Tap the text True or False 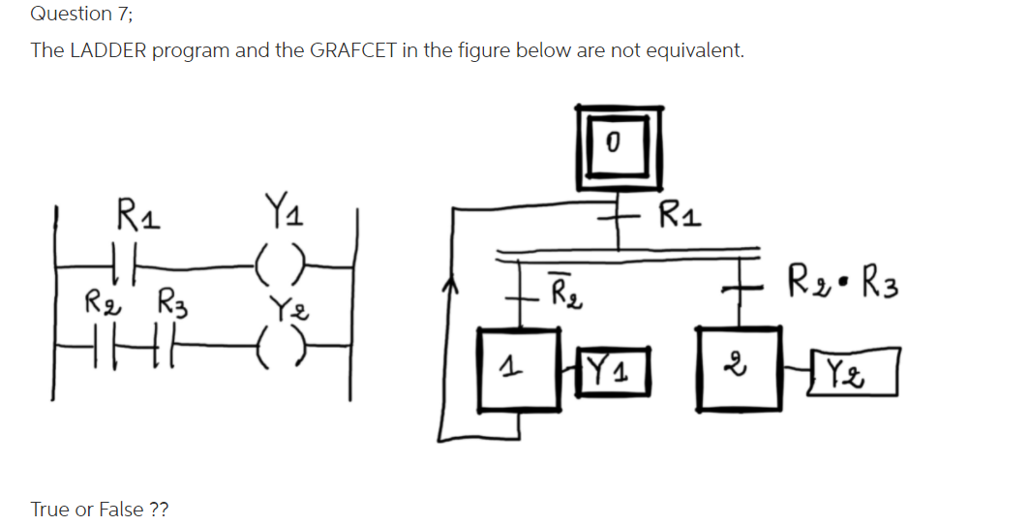click(x=100, y=509)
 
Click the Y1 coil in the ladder click(x=279, y=263)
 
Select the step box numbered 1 click(x=512, y=369)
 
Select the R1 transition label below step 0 click(x=680, y=212)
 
